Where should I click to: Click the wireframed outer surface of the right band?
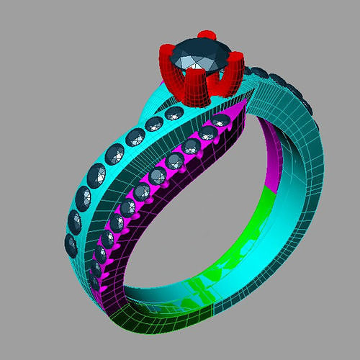point(302,166)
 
